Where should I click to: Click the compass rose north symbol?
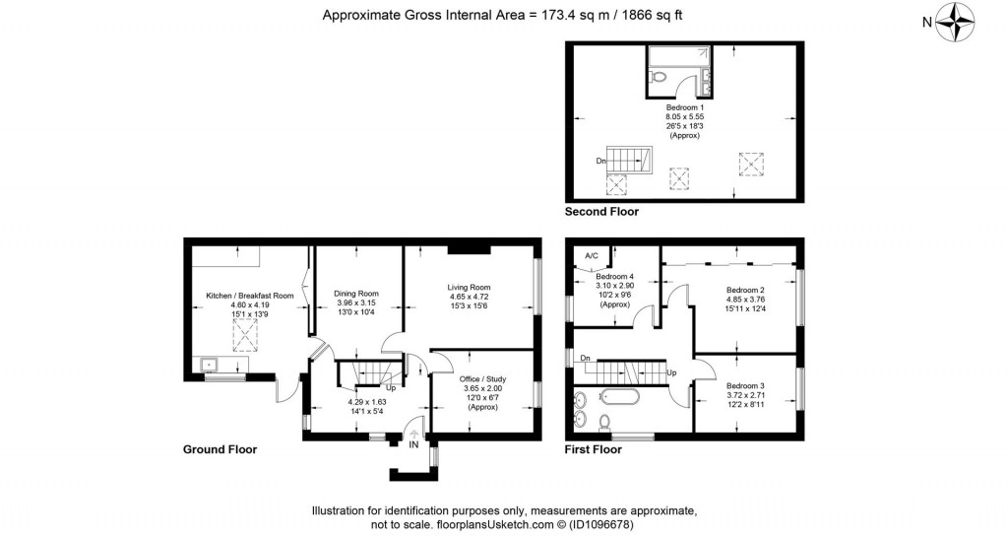[956, 21]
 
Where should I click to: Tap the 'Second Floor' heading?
[601, 212]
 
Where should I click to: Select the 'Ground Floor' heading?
[220, 449]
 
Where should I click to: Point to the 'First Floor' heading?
[593, 449]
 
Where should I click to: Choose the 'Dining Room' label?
[355, 293]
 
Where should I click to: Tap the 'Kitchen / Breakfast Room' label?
[250, 296]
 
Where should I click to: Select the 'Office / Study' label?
[482, 378]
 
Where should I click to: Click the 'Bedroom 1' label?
[683, 106]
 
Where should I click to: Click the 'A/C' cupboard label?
[592, 256]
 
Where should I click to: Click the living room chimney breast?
[468, 247]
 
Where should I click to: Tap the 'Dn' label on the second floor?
[600, 160]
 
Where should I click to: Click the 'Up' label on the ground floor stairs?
[390, 387]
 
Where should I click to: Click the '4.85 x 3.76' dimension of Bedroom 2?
[745, 301]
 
